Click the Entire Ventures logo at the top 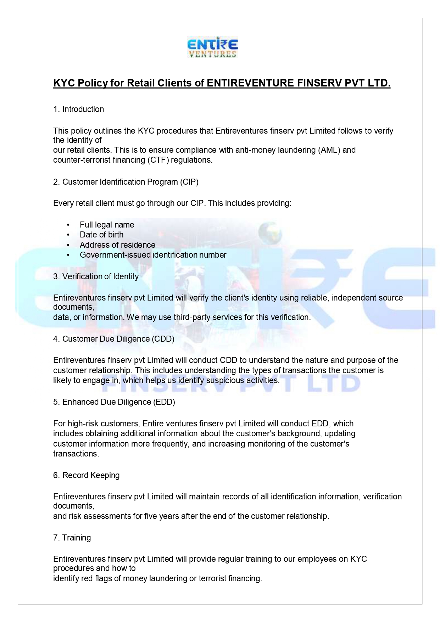(212, 47)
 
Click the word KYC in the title (63, 83)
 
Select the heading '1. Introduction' (78, 109)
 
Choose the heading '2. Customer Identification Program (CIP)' (126, 182)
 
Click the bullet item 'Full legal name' (107, 225)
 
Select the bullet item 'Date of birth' (101, 235)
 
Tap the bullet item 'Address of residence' (117, 245)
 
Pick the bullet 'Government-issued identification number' (153, 255)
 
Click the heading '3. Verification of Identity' (96, 276)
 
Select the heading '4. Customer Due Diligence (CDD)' (113, 339)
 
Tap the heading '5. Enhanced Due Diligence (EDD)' (114, 402)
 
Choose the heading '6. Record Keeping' (86, 475)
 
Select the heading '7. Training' (72, 538)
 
